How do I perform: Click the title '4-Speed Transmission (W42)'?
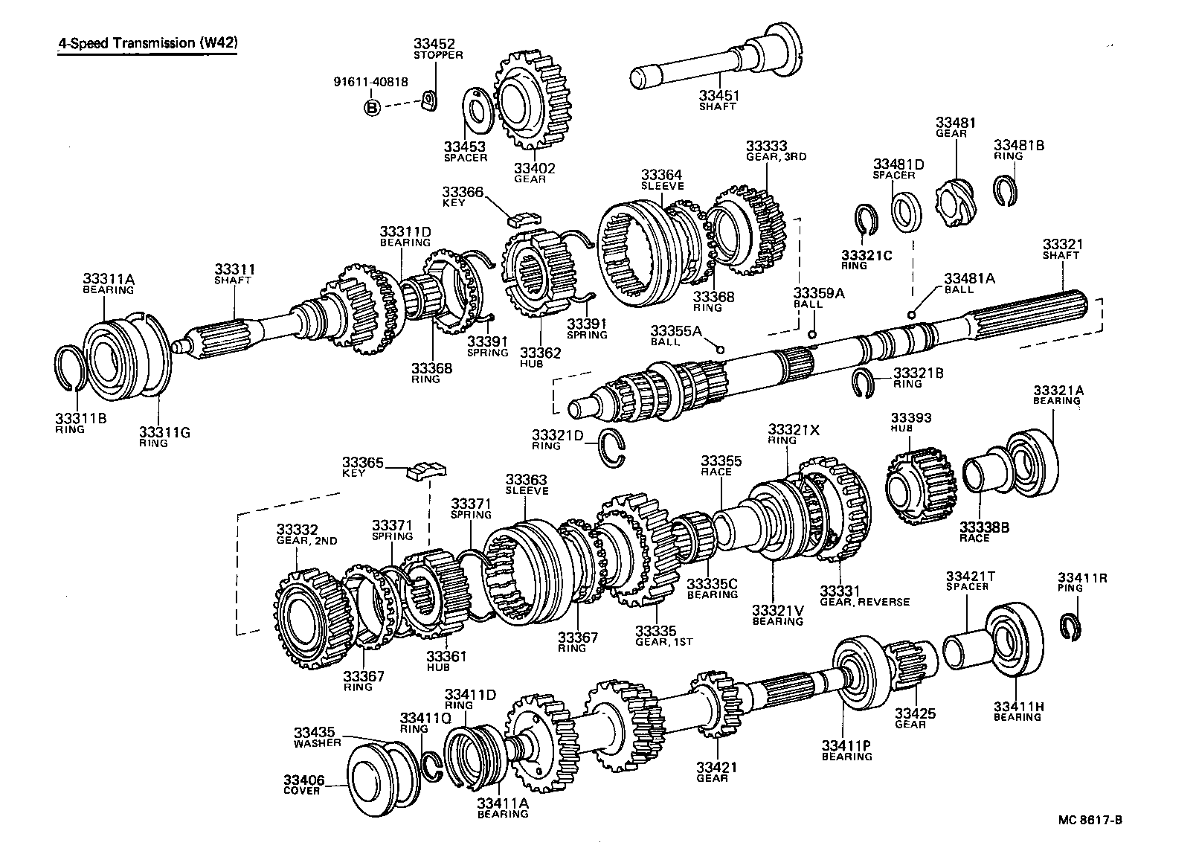click(148, 43)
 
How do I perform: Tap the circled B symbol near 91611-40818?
click(372, 108)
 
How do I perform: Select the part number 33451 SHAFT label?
click(717, 100)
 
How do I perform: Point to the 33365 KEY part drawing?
click(426, 470)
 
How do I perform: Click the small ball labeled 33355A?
click(719, 348)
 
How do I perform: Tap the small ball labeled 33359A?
click(813, 334)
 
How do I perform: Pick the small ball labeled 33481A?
click(912, 315)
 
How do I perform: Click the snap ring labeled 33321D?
click(613, 450)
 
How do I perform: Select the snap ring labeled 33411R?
click(1073, 626)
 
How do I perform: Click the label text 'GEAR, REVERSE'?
click(864, 602)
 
